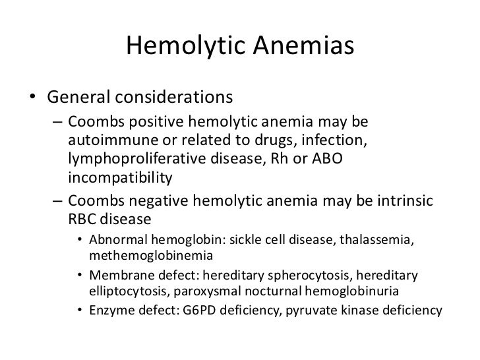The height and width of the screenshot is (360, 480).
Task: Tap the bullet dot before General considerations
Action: [32, 98]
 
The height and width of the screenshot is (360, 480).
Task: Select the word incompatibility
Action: [119, 177]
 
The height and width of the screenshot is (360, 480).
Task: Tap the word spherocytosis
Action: [309, 274]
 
